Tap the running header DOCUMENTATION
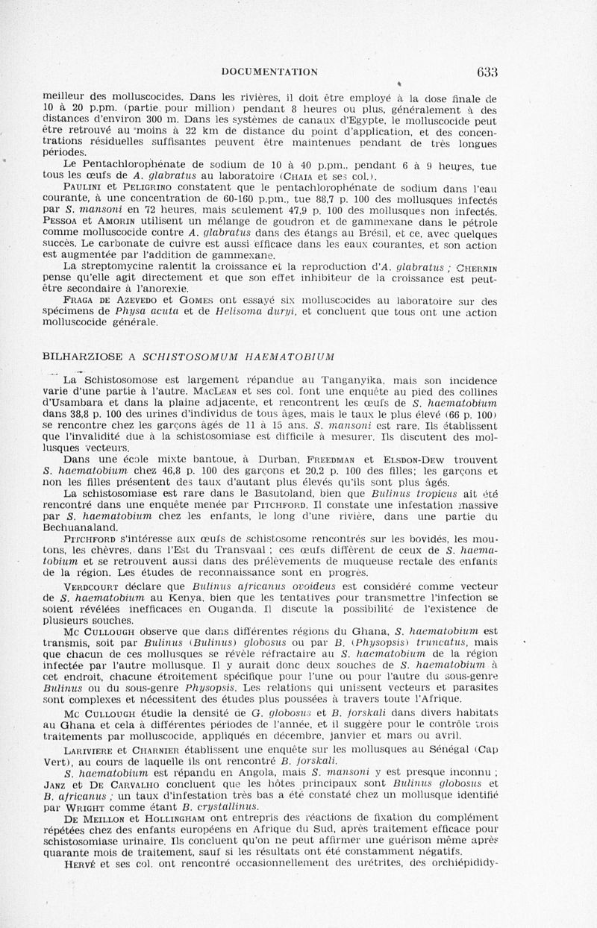(x=270, y=72)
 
